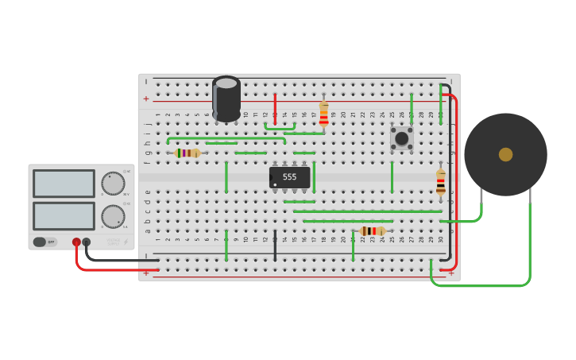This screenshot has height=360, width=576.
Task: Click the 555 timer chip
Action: pyautogui.click(x=290, y=177)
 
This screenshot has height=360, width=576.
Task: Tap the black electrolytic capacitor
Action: pyautogui.click(x=226, y=99)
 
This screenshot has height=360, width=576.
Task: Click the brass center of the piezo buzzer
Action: pyautogui.click(x=505, y=154)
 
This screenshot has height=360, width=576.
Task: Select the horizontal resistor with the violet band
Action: pyautogui.click(x=187, y=153)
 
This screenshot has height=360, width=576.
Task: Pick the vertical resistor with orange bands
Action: pyautogui.click(x=323, y=114)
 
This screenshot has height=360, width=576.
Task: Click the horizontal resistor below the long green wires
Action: pyautogui.click(x=372, y=231)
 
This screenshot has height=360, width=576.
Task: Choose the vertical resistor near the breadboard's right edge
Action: pyautogui.click(x=441, y=182)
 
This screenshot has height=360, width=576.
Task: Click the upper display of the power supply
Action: pyautogui.click(x=64, y=184)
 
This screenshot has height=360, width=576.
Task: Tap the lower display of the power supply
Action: pyautogui.click(x=64, y=215)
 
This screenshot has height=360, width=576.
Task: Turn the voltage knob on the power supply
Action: pyautogui.click(x=113, y=184)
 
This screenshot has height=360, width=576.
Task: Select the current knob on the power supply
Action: pyautogui.click(x=113, y=216)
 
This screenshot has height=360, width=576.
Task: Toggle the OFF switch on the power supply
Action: pyautogui.click(x=45, y=242)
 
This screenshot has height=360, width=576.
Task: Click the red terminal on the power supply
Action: pyautogui.click(x=76, y=242)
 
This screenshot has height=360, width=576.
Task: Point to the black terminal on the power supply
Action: pyautogui.click(x=87, y=242)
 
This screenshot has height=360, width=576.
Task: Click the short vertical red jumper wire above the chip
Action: pyautogui.click(x=275, y=110)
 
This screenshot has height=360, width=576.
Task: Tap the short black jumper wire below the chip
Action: pyautogui.click(x=275, y=246)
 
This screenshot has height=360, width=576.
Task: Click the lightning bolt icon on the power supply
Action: pyautogui.click(x=126, y=242)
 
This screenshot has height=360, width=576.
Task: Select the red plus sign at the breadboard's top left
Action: pyautogui.click(x=146, y=99)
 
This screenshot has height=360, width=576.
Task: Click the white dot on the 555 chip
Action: pyautogui.click(x=276, y=184)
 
